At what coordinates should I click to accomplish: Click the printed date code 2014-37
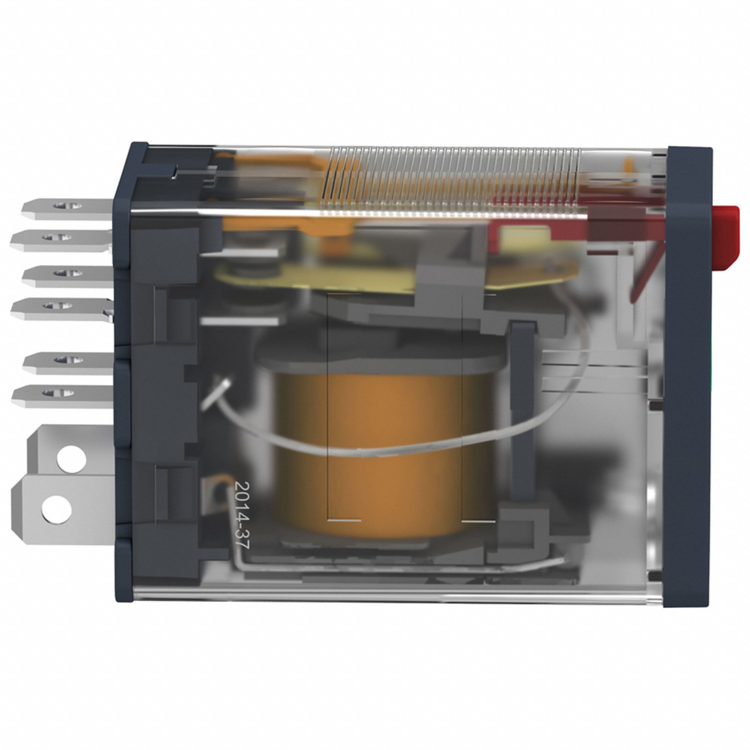tap(241, 515)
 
